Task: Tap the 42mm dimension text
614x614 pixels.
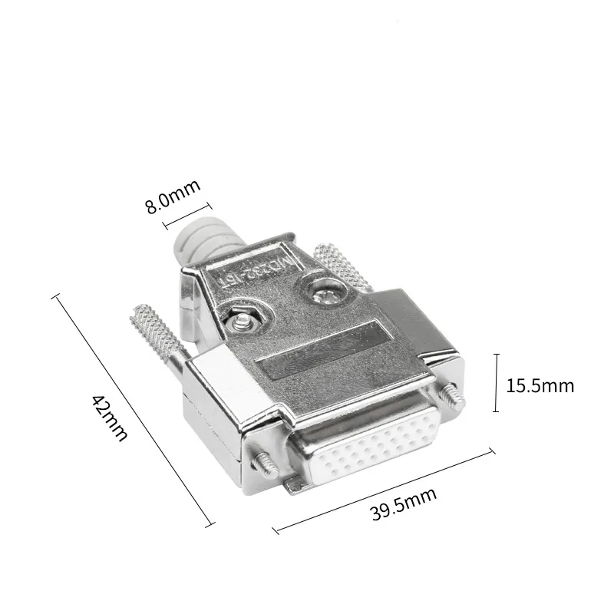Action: [109, 418]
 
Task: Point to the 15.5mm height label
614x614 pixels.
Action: [540, 385]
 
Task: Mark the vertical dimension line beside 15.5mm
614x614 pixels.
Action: [497, 383]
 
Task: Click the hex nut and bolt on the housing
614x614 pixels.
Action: [243, 316]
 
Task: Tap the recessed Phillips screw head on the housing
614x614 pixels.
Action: [321, 292]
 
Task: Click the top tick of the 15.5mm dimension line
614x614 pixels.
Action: [497, 355]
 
